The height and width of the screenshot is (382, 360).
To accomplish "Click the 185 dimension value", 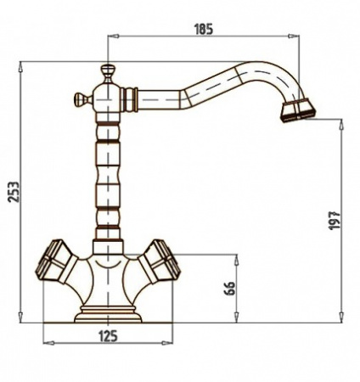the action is coord(204,30).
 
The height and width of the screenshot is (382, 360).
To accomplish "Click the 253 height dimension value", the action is coord(14,192).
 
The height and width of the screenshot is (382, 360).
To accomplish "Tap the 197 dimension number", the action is coord(335,221).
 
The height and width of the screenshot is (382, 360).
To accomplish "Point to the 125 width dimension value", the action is coord(108,336).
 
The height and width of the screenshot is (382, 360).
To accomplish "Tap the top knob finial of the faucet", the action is coord(108,73).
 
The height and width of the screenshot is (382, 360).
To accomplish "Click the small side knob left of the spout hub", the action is coord(82,98).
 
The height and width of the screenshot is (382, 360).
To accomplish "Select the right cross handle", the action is coord(159,262).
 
